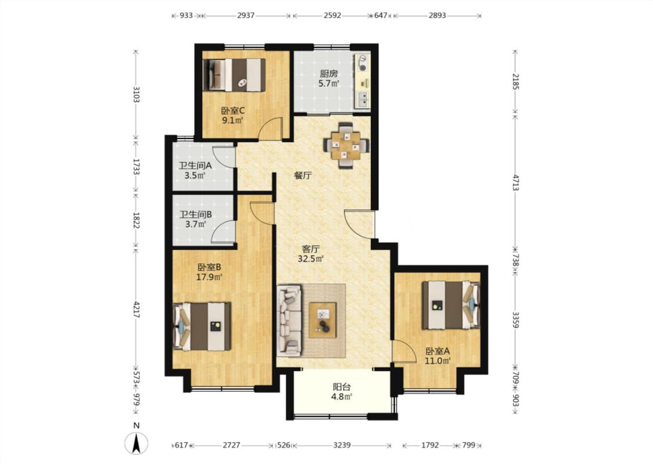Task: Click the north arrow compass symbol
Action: tap(136, 443)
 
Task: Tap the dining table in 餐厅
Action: tap(346, 145)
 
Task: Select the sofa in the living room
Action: tap(289, 320)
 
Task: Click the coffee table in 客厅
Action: tap(322, 320)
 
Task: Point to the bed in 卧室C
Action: tap(234, 74)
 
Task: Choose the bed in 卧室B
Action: tap(202, 326)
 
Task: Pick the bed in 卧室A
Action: tap(450, 306)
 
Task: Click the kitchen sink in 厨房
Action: tap(363, 99)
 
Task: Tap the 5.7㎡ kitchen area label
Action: tap(329, 84)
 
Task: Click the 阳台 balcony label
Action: tap(341, 387)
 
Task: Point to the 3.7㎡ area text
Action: tap(196, 224)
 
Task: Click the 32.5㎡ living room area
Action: tap(311, 259)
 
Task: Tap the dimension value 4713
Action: tap(515, 183)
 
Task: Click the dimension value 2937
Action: tap(246, 16)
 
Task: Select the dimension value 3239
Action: tap(342, 445)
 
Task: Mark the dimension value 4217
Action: tap(136, 309)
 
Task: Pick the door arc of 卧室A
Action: tap(405, 351)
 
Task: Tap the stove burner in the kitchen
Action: tap(363, 67)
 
